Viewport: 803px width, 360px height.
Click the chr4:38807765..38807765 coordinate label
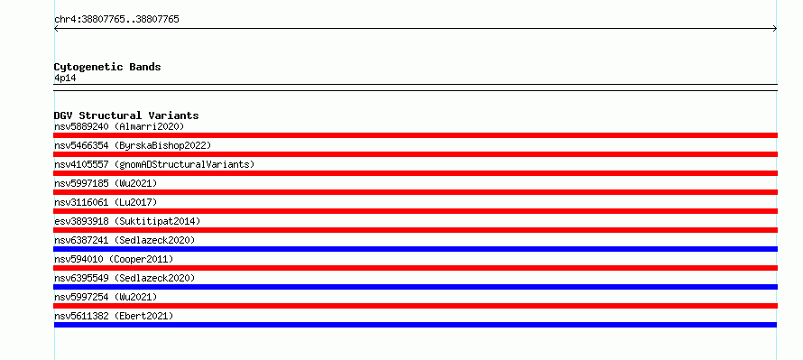[x=116, y=20]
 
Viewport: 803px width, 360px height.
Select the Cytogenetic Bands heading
[x=107, y=67]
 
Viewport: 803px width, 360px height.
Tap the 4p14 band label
[x=66, y=78]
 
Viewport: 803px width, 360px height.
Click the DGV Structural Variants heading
[x=126, y=115]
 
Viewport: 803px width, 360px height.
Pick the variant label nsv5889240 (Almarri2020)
[x=119, y=126]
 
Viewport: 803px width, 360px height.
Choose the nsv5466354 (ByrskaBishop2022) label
[x=133, y=145]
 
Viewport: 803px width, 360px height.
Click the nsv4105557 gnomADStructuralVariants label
[x=154, y=164]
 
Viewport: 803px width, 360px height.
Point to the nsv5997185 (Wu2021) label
[x=106, y=183]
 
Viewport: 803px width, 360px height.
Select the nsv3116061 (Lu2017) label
[x=106, y=202]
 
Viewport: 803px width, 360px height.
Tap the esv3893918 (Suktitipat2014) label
[x=127, y=221]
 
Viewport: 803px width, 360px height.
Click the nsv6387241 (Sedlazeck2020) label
[x=125, y=240]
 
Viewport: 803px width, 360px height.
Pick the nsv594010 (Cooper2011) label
[x=114, y=259]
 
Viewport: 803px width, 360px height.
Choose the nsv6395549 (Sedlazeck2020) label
[x=125, y=278]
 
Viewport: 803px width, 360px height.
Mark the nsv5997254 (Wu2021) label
[x=106, y=297]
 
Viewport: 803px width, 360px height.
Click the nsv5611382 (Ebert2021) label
[x=114, y=316]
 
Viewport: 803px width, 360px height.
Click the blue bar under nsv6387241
[x=415, y=249]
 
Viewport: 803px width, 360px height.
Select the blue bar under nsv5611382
[x=415, y=325]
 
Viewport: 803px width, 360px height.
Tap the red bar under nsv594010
[x=415, y=268]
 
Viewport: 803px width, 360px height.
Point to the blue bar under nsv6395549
[x=415, y=287]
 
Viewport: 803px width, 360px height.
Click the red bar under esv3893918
[x=415, y=230]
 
